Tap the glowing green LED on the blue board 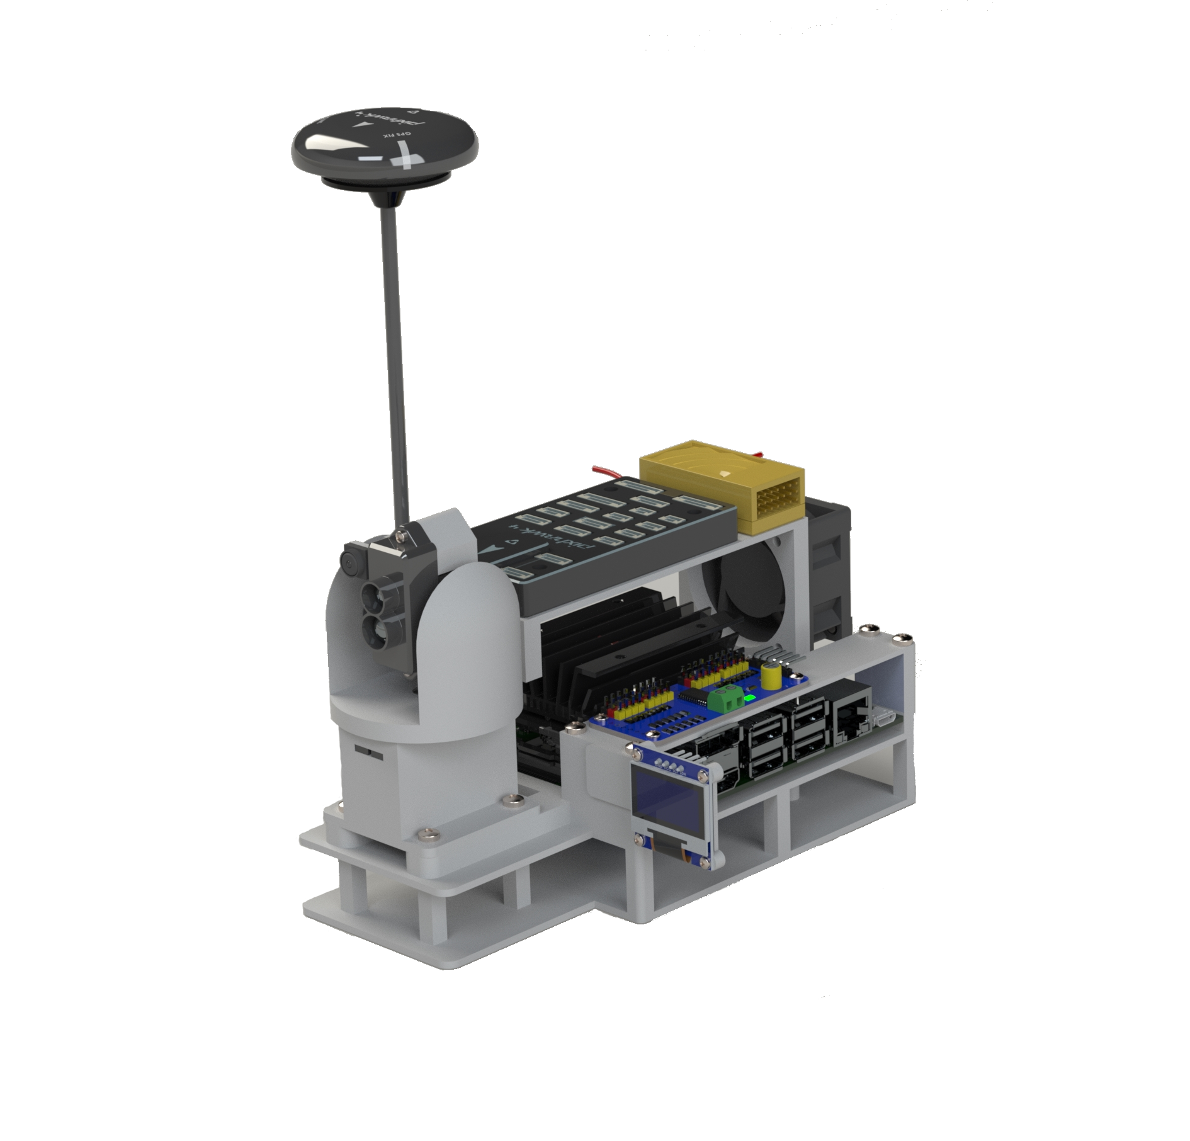(749, 698)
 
